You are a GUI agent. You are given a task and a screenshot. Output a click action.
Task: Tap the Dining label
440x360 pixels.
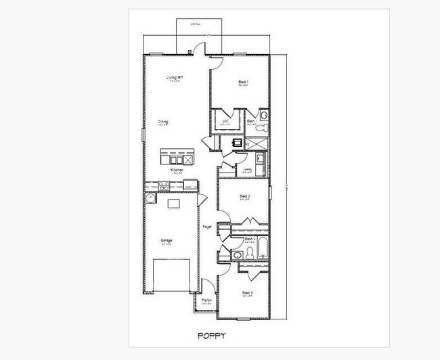(162, 122)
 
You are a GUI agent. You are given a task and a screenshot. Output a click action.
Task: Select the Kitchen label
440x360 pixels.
(177, 170)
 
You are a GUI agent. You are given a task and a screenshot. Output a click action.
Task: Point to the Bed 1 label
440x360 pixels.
(243, 83)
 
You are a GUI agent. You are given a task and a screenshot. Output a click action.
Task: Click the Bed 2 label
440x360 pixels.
(246, 196)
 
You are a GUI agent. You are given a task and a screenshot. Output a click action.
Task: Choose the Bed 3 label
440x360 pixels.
(248, 292)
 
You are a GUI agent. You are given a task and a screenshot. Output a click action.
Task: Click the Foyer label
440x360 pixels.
(206, 226)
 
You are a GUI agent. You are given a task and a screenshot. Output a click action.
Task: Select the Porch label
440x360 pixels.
(206, 300)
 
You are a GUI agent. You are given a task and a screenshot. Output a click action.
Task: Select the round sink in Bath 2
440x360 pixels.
(236, 254)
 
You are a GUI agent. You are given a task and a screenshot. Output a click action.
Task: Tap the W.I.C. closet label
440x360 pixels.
(225, 122)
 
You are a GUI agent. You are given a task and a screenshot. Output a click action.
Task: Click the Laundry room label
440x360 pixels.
(248, 169)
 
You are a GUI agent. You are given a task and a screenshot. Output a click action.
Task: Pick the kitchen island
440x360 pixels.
(173, 158)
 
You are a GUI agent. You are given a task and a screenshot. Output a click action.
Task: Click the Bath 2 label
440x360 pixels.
(249, 239)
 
